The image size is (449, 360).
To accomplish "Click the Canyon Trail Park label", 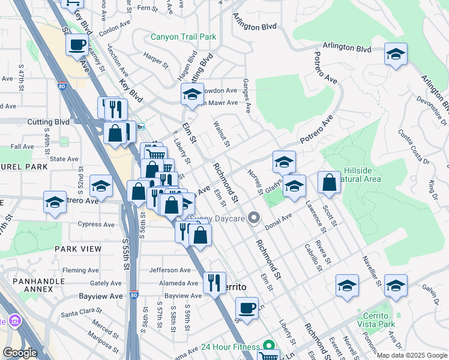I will click(x=183, y=37).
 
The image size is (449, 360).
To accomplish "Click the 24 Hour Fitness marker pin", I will click(x=269, y=346).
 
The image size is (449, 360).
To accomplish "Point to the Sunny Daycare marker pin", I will click(x=255, y=218).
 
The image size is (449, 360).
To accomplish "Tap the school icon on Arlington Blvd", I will click(x=396, y=55).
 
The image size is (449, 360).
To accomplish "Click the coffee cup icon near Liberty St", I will click(x=246, y=308).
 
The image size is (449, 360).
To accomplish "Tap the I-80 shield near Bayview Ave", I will click(x=132, y=295).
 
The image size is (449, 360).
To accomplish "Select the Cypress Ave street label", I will click(x=96, y=224).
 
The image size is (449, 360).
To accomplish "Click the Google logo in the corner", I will click(x=20, y=353).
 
